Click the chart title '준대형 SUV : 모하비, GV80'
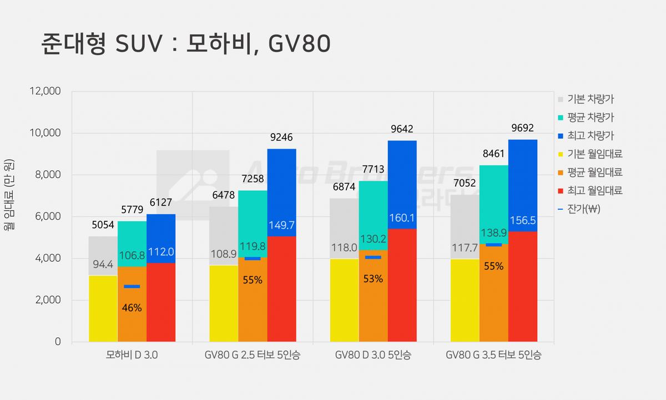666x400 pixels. (186, 43)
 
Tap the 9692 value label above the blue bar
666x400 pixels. (522, 128)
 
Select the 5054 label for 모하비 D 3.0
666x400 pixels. (103, 225)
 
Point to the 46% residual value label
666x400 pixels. (132, 307)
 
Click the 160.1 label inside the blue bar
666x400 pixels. (402, 218)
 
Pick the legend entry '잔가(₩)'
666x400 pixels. (579, 209)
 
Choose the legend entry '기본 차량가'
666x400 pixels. (586, 99)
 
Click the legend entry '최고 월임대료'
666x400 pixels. (590, 190)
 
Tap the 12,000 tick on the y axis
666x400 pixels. (45, 91)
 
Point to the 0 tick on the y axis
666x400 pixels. (58, 341)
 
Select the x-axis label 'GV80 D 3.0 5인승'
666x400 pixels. (373, 355)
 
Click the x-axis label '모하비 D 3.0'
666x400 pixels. (132, 355)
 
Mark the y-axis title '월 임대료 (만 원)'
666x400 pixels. (9, 195)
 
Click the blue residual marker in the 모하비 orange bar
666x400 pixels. (132, 286)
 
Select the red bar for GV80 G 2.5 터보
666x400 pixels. (281, 289)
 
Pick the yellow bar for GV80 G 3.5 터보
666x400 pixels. (465, 300)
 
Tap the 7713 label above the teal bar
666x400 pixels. (373, 169)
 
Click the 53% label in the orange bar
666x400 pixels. (373, 279)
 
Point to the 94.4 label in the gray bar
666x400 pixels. (103, 264)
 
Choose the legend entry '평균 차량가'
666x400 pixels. (586, 118)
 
